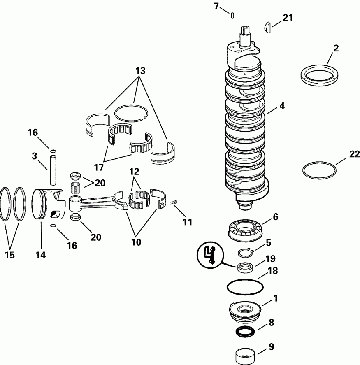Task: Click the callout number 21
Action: click(288, 18)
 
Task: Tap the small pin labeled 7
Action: click(232, 16)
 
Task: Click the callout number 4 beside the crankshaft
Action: click(282, 106)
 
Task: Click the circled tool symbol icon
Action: click(210, 255)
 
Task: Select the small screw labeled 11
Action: click(174, 202)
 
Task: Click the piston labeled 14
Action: click(49, 205)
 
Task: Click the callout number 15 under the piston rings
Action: click(10, 255)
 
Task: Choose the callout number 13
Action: click(141, 70)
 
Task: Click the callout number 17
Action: click(99, 167)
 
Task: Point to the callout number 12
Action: click(134, 172)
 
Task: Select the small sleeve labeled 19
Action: click(245, 267)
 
